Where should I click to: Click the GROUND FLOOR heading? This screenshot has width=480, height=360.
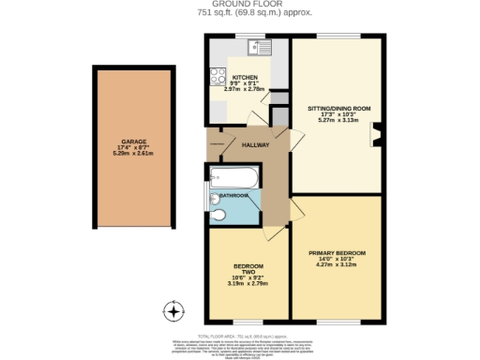pos(239,5)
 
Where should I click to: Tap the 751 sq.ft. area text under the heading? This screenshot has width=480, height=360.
pos(239,13)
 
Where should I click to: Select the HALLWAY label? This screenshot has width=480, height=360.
pos(255,145)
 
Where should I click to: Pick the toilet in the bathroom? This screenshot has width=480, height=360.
pos(217,216)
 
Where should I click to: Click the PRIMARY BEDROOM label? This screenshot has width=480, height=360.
pos(337,253)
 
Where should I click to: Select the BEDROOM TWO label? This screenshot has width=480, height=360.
pos(248,269)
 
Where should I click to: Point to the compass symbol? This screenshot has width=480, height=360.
pos(172,310)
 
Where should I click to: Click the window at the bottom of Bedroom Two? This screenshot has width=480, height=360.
pos(248,320)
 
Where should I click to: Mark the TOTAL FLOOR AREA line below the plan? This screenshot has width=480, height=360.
pos(239,333)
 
